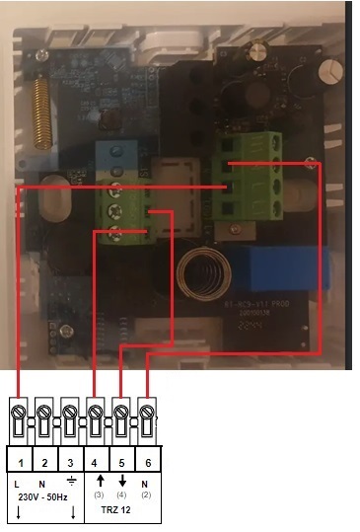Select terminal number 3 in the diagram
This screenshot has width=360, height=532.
(70, 461)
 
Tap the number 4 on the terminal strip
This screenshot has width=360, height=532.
(95, 461)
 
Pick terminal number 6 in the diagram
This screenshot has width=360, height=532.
(145, 461)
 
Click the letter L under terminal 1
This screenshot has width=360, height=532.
(19, 483)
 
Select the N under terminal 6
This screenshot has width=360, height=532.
(146, 483)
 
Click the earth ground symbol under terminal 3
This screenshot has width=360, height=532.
(69, 483)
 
